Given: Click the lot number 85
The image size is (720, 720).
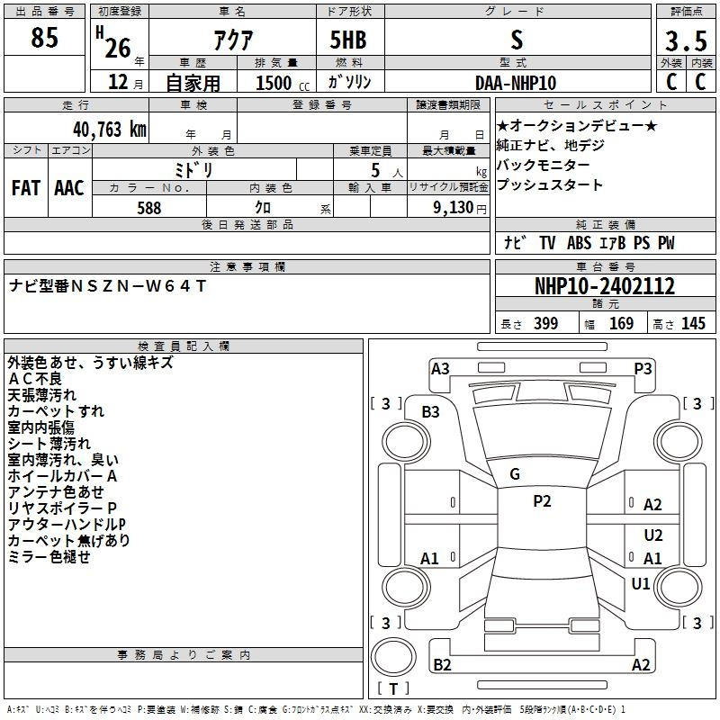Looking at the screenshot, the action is pyautogui.click(x=44, y=38).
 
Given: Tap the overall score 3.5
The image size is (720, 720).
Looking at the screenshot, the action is pyautogui.click(x=687, y=40).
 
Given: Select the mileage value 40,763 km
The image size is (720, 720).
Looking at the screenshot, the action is pyautogui.click(x=109, y=130).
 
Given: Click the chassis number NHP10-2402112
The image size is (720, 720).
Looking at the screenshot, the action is pyautogui.click(x=605, y=286).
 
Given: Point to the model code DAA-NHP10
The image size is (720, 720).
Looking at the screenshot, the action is pyautogui.click(x=516, y=83).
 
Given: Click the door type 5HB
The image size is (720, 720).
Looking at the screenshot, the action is pyautogui.click(x=348, y=40).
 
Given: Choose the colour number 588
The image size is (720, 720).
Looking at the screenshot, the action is pyautogui.click(x=149, y=208).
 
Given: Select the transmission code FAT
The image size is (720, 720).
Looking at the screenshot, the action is pyautogui.click(x=26, y=188).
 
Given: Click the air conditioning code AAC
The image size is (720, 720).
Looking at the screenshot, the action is pyautogui.click(x=69, y=188).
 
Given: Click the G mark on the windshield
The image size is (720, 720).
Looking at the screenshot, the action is pyautogui.click(x=515, y=474).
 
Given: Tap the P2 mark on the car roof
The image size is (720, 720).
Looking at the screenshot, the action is pyautogui.click(x=542, y=501).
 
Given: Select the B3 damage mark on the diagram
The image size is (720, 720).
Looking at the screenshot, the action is pyautogui.click(x=431, y=412).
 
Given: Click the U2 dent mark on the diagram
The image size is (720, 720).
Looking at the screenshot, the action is pyautogui.click(x=653, y=535).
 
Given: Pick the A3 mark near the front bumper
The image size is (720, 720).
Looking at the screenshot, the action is pyautogui.click(x=440, y=369).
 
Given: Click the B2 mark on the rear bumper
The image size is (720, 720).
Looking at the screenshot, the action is pyautogui.click(x=442, y=664).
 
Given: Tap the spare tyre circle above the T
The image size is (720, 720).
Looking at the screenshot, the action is pyautogui.click(x=393, y=657).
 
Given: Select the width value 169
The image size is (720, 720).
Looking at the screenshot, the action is pyautogui.click(x=621, y=323).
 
